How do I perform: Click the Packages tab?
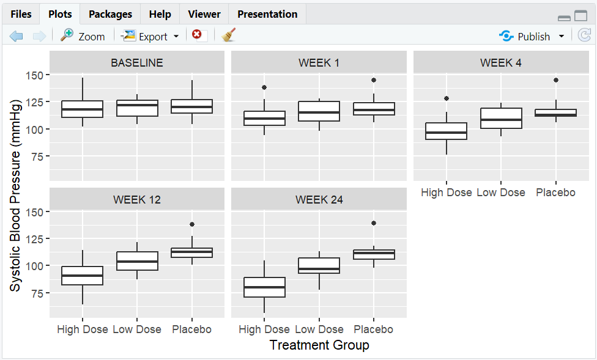point(110,14)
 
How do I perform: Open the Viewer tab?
point(204,14)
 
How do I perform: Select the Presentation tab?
point(267,14)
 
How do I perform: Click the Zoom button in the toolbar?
point(83,37)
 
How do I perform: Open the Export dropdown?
point(150,37)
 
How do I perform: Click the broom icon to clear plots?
point(229,35)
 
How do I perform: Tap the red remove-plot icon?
point(197,35)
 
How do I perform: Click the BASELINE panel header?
point(136,62)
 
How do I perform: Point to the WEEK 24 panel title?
point(319,199)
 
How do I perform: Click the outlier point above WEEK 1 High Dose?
point(264,87)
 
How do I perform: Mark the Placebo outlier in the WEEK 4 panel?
point(556,80)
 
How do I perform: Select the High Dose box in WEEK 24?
point(264,287)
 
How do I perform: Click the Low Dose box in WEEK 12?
point(137,261)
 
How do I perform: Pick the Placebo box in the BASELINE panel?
point(192,106)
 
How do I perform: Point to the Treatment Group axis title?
point(319,345)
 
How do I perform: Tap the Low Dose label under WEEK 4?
point(501,193)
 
